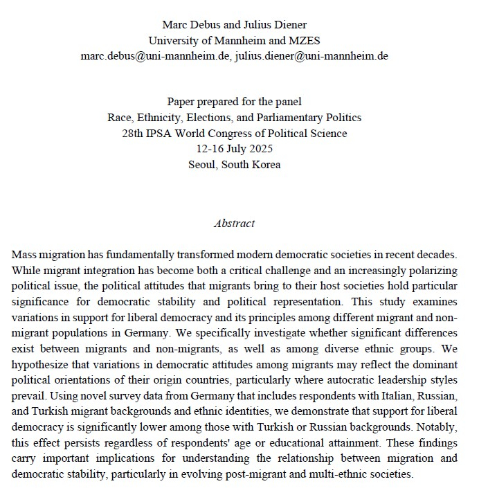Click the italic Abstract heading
[x=234, y=224]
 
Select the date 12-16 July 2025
[x=234, y=149]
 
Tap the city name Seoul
[x=204, y=164]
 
